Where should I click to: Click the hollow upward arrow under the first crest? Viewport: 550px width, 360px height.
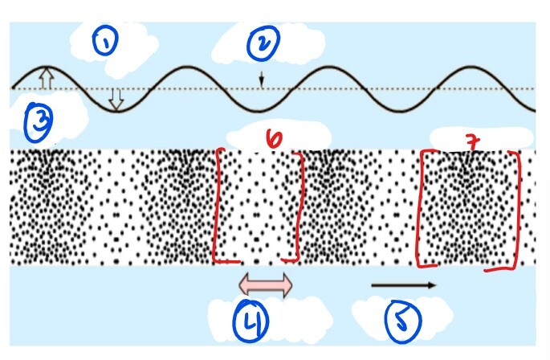coord(46,78)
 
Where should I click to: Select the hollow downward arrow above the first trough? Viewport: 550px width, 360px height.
coord(116,98)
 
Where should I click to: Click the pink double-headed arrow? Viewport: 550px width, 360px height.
coord(266,284)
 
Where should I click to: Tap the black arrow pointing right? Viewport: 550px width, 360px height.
coord(404,284)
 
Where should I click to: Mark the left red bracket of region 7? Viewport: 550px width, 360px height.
coord(421,209)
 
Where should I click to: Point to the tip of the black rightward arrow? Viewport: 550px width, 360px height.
coord(435,284)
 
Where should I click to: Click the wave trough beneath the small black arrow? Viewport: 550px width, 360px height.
coord(261,109)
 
